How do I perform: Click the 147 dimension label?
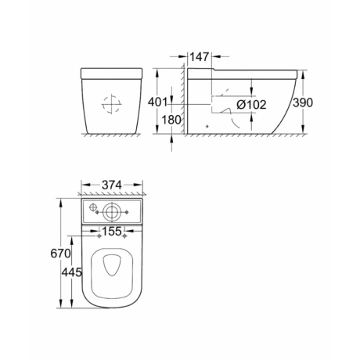200,56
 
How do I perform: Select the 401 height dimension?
157,102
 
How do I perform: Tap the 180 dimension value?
171,120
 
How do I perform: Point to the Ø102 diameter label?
251,105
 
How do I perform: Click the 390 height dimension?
303,103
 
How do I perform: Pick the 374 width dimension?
112,185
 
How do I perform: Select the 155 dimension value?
112,231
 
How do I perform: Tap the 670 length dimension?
60,253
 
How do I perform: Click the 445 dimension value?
72,272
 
